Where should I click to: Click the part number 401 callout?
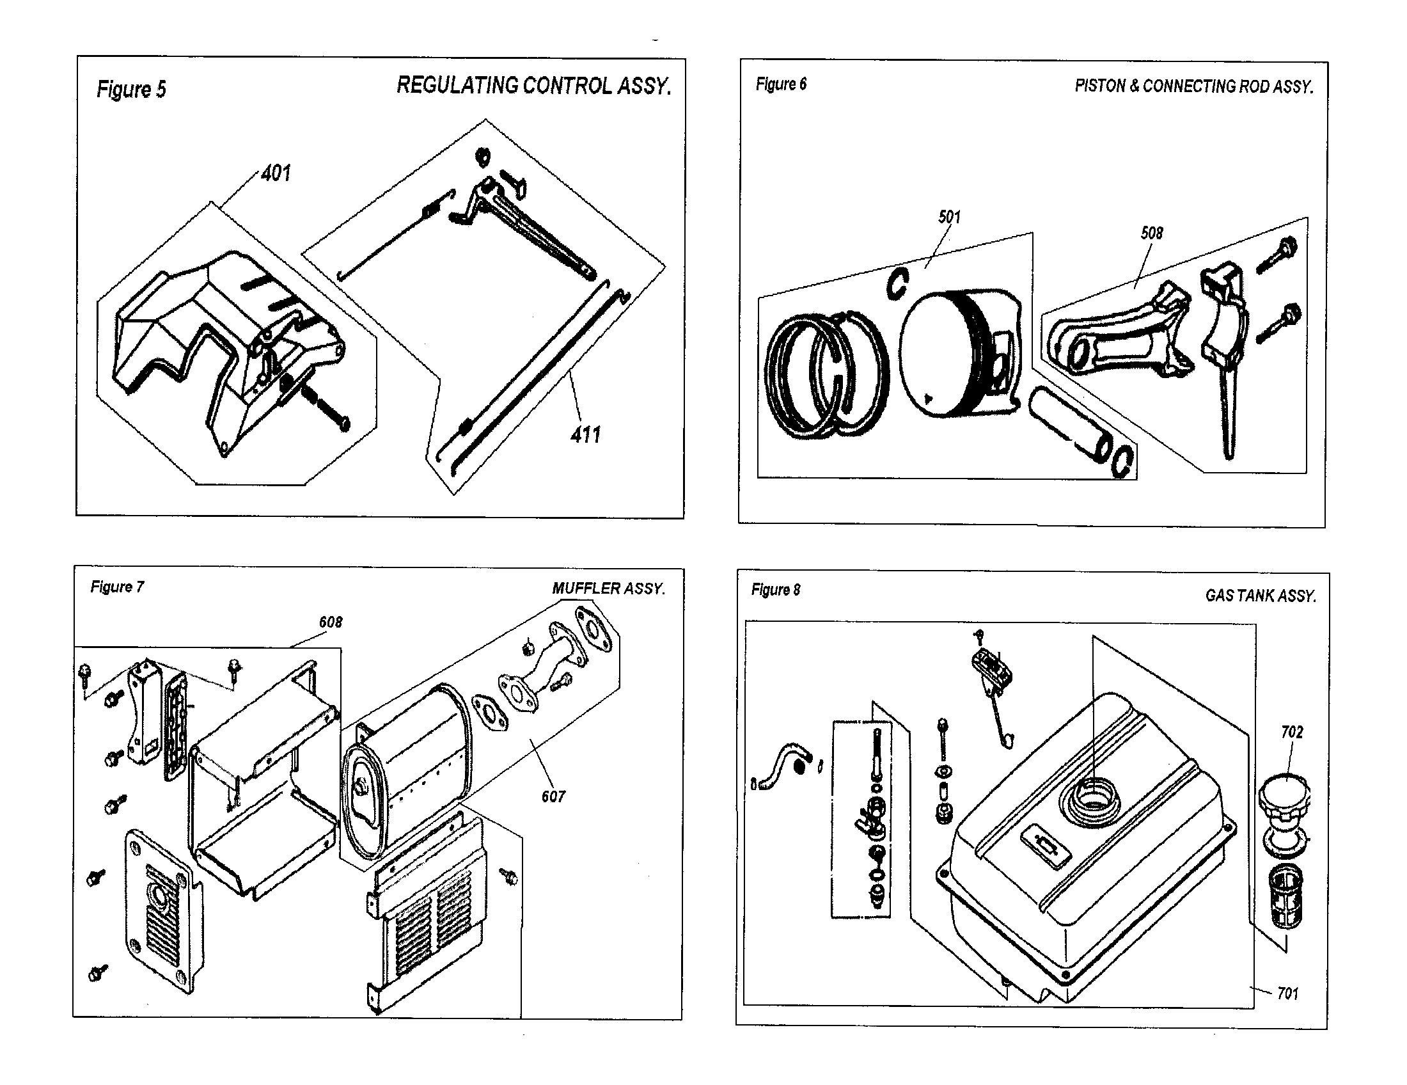click(x=276, y=173)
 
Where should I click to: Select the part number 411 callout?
click(x=585, y=435)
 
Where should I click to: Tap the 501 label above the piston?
click(x=950, y=217)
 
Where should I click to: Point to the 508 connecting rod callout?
click(x=1152, y=234)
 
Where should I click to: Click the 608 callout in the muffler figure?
click(x=331, y=622)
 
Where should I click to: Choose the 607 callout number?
click(x=553, y=797)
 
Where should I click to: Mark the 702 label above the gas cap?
click(x=1292, y=733)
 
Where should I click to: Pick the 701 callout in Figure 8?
click(x=1287, y=994)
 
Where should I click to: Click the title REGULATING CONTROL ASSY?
click(x=533, y=86)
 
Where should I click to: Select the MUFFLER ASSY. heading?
click(x=608, y=589)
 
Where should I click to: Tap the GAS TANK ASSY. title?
click(x=1260, y=596)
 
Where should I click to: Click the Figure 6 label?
click(x=781, y=84)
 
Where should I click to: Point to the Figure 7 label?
click(x=117, y=587)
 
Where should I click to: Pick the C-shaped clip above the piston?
click(x=897, y=283)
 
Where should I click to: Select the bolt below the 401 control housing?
click(x=331, y=409)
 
